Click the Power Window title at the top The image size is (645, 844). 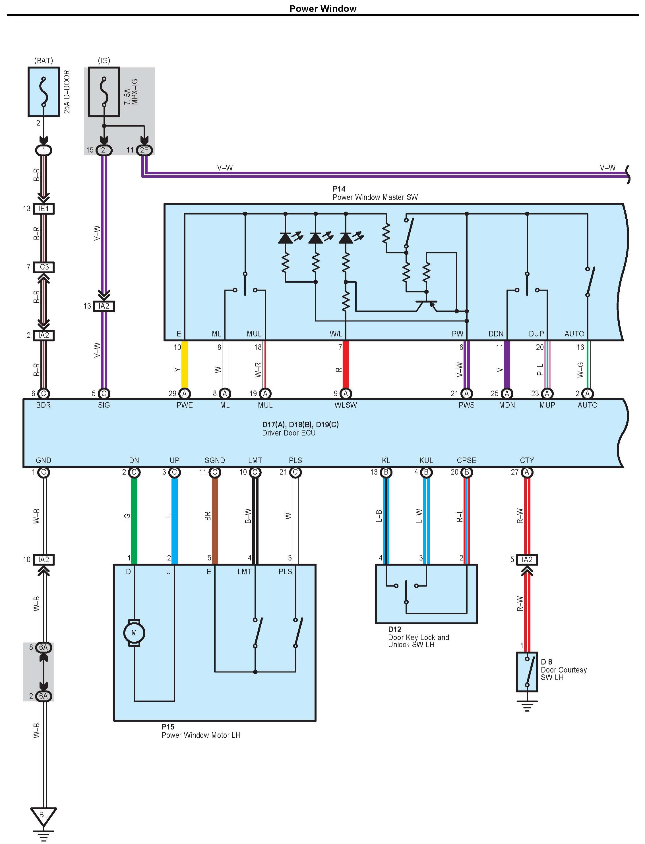pos(323,9)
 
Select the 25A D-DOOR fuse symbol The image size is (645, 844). pos(44,92)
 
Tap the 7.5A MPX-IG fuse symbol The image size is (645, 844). pos(104,92)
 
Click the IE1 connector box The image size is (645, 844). pos(44,209)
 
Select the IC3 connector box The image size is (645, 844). pos(44,267)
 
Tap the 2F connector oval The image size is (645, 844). pos(144,150)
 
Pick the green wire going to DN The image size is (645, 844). pos(134,521)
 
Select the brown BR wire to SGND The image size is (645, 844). pos(215,521)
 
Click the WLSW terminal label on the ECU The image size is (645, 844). pos(346,405)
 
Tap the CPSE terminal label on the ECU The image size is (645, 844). pos(466,460)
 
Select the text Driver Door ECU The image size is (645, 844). pos(289,433)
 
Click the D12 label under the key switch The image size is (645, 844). pos(395,629)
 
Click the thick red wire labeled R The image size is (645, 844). pos(346,364)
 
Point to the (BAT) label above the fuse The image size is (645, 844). pos(44,61)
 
